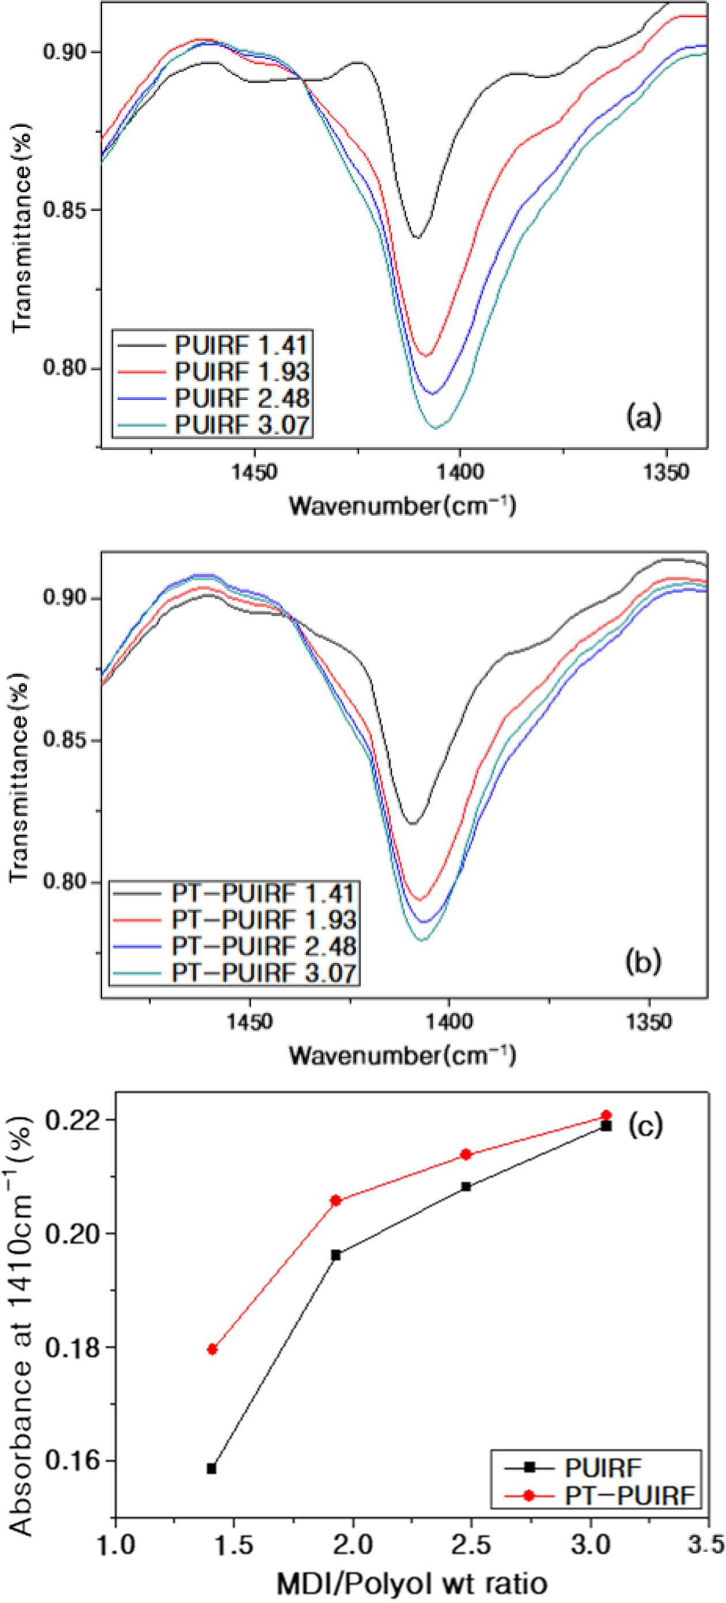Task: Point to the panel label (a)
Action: click(643, 416)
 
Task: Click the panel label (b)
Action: click(642, 962)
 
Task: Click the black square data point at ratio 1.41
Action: click(211, 1469)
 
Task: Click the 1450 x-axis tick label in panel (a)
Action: click(254, 472)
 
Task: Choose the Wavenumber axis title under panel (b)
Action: click(402, 1055)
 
